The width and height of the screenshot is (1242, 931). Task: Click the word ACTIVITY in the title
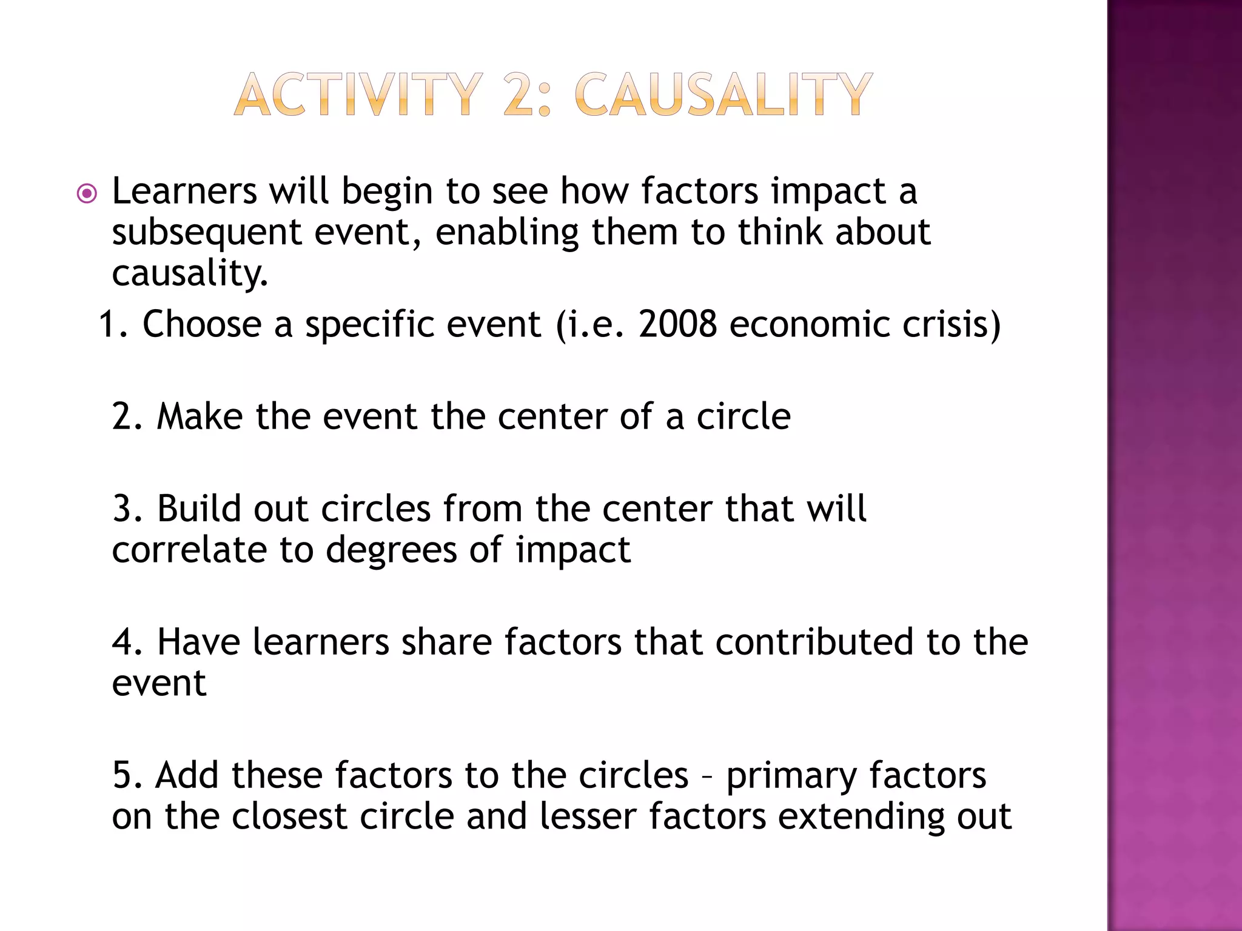pos(358,95)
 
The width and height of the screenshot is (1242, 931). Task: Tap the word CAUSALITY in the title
pos(723,95)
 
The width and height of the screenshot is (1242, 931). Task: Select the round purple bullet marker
pos(87,194)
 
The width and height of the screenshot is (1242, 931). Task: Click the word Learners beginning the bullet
pos(184,192)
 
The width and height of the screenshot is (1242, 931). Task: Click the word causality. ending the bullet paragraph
pos(189,274)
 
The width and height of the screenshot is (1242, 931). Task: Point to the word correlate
pos(189,550)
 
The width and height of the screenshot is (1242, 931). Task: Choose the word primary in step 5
pos(791,776)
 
